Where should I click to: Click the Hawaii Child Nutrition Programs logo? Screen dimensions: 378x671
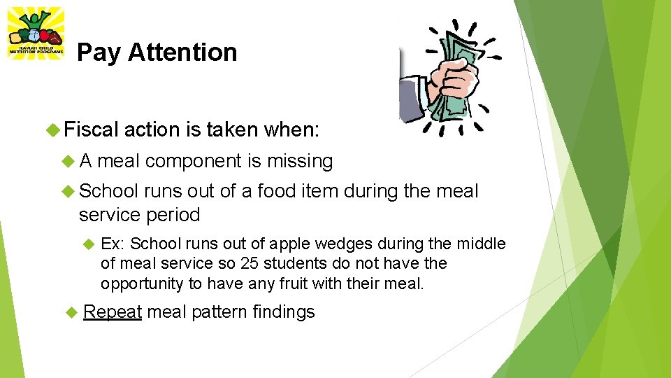[36, 33]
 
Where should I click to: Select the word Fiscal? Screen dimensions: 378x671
[92, 129]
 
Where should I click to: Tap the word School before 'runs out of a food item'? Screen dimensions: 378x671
[111, 190]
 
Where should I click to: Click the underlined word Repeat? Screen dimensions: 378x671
[113, 311]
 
